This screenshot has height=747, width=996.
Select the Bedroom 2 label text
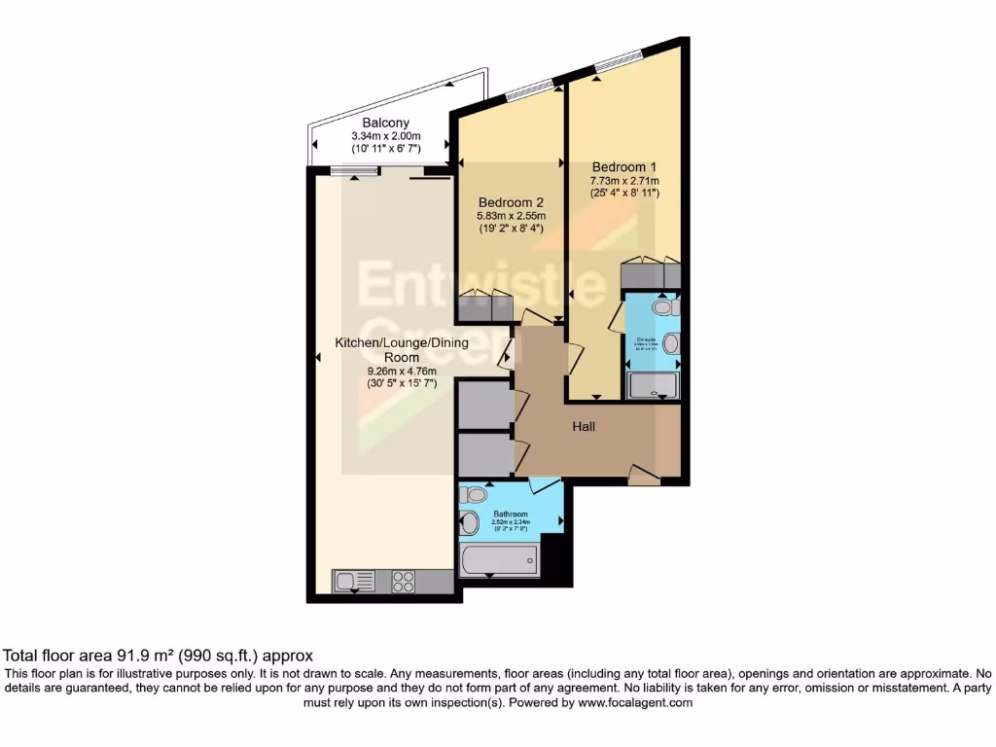(x=510, y=202)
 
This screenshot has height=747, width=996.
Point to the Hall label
(x=584, y=426)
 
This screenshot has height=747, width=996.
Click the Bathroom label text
(x=511, y=514)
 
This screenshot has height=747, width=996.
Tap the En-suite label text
(x=645, y=339)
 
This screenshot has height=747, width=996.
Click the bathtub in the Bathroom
(x=499, y=560)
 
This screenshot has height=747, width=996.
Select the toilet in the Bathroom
(x=474, y=495)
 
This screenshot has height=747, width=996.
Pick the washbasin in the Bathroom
(x=470, y=524)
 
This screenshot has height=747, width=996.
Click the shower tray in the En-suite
(x=654, y=386)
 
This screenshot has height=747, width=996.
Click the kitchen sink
(x=355, y=581)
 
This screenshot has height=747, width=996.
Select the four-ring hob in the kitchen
(x=404, y=581)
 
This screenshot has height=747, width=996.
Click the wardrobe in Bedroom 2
(x=484, y=306)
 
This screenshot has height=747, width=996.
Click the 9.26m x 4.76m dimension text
(x=402, y=371)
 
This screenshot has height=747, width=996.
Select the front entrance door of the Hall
(x=643, y=476)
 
